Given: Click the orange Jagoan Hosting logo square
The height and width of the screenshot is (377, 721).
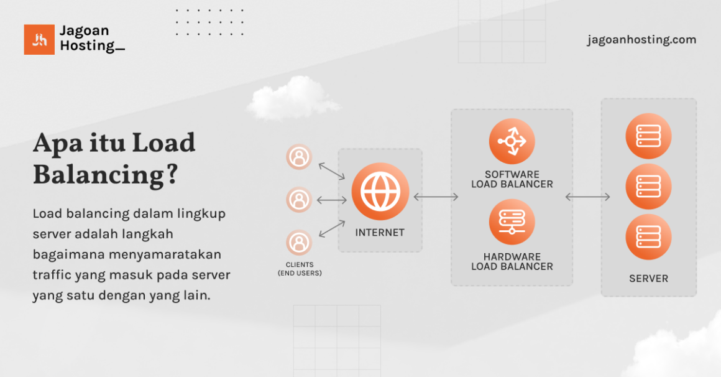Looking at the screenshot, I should tap(39, 39).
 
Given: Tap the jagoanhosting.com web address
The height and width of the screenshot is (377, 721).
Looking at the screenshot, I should tap(641, 40).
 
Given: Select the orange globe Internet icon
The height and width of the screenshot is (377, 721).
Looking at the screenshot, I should tap(380, 191).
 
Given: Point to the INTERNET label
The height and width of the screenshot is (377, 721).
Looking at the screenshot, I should tap(380, 233).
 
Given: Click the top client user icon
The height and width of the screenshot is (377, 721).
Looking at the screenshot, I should tap(299, 157).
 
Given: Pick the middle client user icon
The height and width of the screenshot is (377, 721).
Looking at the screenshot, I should tap(299, 200).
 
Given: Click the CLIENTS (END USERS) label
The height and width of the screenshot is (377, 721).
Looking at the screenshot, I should tap(299, 269).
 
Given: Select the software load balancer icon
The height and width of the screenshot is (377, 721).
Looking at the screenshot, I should tap(512, 141).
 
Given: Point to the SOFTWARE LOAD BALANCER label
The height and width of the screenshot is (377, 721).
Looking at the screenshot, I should tap(512, 179).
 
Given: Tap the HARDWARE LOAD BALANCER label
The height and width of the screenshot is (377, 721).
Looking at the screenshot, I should tap(512, 261).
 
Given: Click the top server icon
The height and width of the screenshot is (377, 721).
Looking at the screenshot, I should tap(648, 136).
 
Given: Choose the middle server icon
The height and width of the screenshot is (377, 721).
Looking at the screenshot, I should tap(648, 186).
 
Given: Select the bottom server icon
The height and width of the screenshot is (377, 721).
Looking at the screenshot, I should tap(648, 237).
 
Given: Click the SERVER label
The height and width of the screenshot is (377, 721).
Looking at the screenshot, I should tap(648, 279).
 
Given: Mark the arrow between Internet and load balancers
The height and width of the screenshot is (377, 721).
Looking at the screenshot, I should tap(436, 197).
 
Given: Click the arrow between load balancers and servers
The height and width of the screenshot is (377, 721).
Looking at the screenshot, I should tap(587, 197).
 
